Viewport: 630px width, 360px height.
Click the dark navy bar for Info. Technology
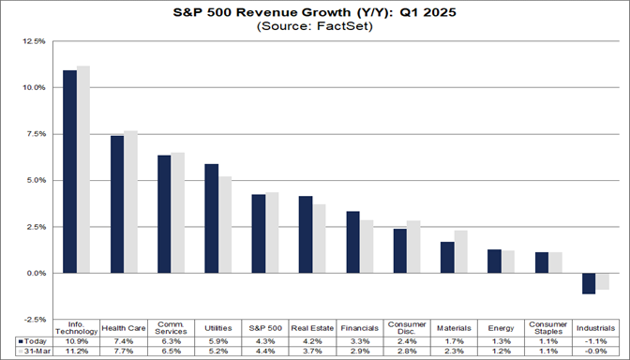(69, 172)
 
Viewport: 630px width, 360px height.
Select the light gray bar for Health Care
(131, 202)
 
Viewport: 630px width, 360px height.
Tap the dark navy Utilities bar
(212, 218)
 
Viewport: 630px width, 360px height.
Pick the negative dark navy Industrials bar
(589, 283)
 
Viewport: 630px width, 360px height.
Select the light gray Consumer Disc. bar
(413, 247)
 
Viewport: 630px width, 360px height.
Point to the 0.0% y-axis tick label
(34, 273)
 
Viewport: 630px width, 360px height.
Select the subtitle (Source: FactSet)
(314, 27)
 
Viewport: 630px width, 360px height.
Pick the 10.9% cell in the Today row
(77, 340)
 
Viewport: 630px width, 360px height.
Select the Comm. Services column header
(172, 327)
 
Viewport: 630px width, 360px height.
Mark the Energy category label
(501, 327)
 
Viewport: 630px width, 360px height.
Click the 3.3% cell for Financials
(360, 340)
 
